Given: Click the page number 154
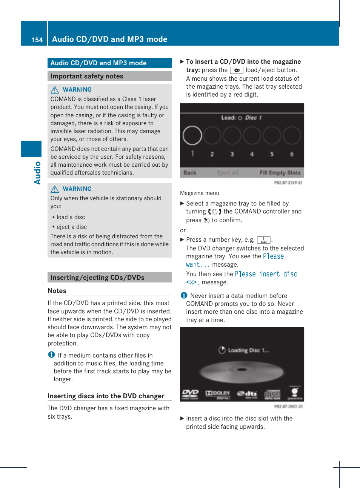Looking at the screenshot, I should pyautogui.click(x=37, y=40).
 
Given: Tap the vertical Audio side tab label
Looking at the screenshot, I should pyautogui.click(x=37, y=173).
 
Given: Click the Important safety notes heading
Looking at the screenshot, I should pyautogui.click(x=87, y=76).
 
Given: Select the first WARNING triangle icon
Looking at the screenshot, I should pyautogui.click(x=55, y=90).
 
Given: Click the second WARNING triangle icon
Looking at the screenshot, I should pyautogui.click(x=55, y=189).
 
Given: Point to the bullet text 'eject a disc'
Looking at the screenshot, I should pyautogui.click(x=72, y=227).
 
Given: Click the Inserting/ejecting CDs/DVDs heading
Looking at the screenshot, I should pyautogui.click(x=97, y=278).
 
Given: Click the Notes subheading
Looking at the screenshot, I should pyautogui.click(x=57, y=291).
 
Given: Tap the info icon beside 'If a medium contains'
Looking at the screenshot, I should pyautogui.click(x=51, y=355).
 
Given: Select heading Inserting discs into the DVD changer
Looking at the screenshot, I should pyautogui.click(x=106, y=396).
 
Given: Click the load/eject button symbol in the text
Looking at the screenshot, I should pyautogui.click(x=237, y=70).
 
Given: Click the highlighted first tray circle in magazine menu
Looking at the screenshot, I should pyautogui.click(x=192, y=135).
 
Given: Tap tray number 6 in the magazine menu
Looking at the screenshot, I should pyautogui.click(x=292, y=154).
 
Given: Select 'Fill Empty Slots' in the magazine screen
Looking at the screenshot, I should pyautogui.click(x=280, y=173).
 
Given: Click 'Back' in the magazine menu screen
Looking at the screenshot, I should pyautogui.click(x=190, y=173).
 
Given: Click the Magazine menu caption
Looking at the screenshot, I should pyautogui.click(x=199, y=193).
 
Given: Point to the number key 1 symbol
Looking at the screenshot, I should pyautogui.click(x=263, y=240).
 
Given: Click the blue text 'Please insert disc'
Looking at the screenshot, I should pyautogui.click(x=266, y=274).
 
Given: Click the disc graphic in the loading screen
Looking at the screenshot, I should pyautogui.click(x=242, y=371).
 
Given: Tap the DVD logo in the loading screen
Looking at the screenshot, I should pyautogui.click(x=190, y=394).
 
